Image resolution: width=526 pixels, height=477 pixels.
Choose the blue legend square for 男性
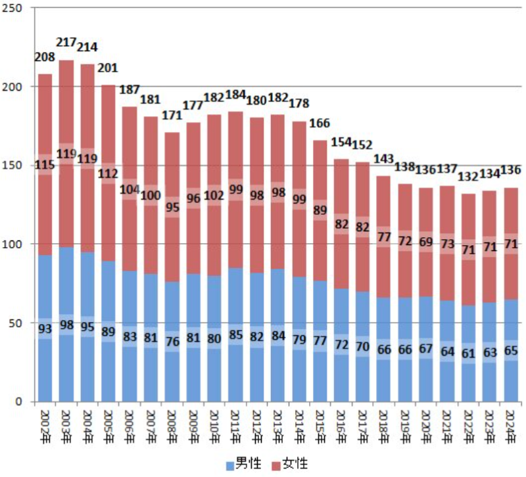pos(230,465)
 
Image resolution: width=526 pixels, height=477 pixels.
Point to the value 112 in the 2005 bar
pos(108,174)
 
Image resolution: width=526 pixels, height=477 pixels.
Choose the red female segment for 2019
pos(406,217)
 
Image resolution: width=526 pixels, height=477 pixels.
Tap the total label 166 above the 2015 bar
pos(320,124)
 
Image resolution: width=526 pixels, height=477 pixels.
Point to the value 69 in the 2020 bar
pos(427,242)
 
